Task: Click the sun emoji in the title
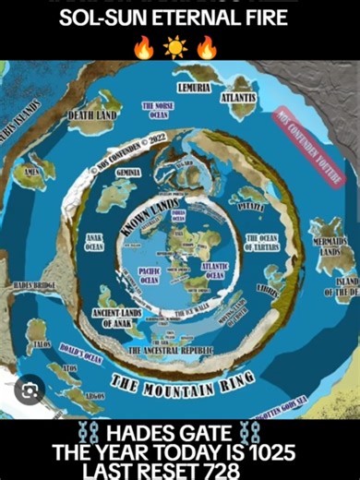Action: (174, 45)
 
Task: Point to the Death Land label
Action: (94, 116)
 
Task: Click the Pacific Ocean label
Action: (150, 275)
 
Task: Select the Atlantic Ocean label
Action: (214, 270)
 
